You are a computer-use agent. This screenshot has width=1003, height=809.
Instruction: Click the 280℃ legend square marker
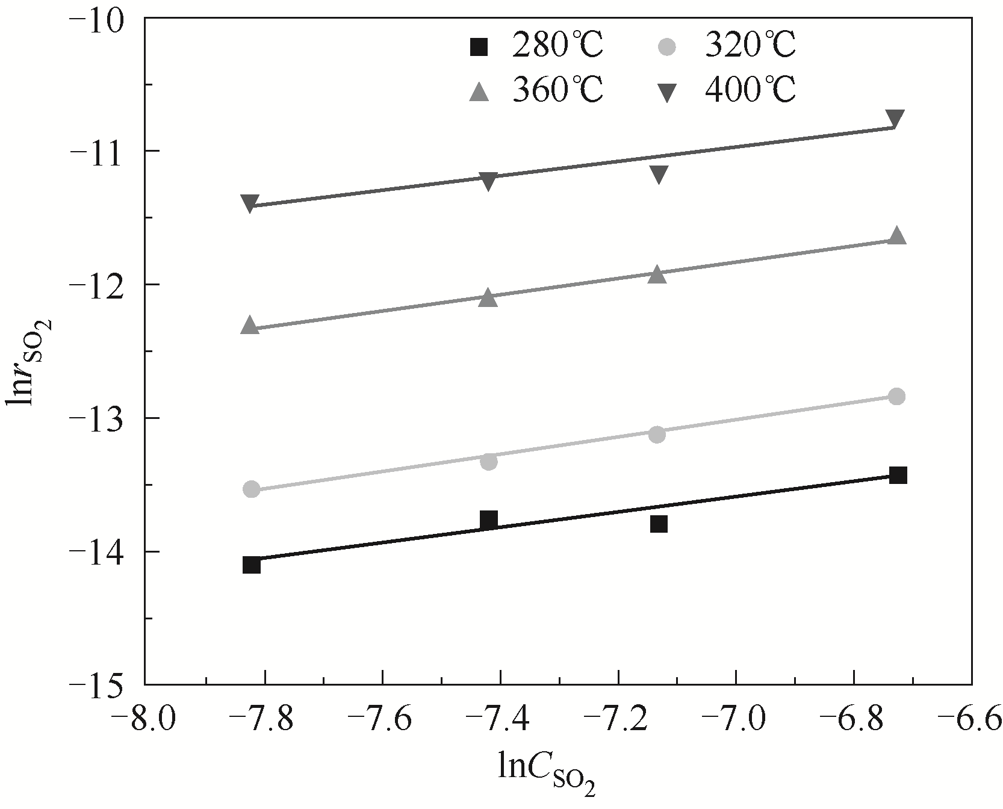point(479,46)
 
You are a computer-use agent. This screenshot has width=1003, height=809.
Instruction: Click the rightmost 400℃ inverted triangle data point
point(895,119)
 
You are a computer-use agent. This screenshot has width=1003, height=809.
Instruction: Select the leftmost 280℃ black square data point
point(252,565)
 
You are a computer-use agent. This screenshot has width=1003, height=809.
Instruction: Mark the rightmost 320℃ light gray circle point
point(896,396)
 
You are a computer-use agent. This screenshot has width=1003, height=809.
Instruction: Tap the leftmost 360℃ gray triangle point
point(250,326)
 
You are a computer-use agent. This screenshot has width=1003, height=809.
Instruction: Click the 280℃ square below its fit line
point(659,524)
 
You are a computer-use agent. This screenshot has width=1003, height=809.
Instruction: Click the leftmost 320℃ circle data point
point(251,489)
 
